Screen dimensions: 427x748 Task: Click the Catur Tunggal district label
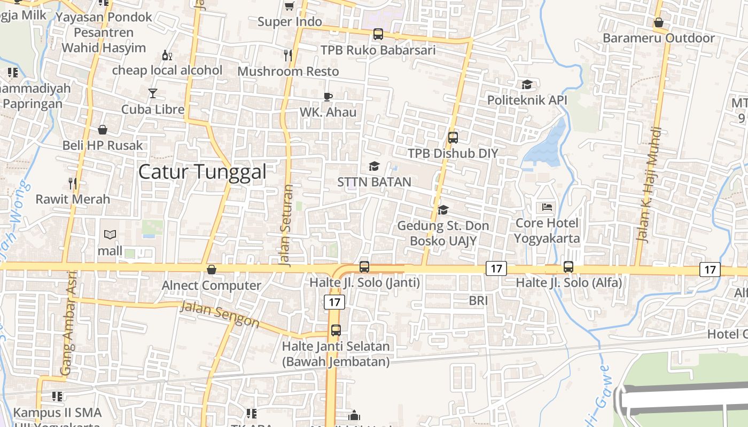point(202,172)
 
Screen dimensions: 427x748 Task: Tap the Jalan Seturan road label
point(287,225)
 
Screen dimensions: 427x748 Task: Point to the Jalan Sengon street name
point(220,314)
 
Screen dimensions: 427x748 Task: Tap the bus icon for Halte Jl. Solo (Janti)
point(364,267)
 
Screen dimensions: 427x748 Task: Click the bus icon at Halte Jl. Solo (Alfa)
point(568,267)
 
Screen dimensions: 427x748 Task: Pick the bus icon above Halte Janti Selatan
point(336,330)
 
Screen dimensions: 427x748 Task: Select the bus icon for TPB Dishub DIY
point(453,138)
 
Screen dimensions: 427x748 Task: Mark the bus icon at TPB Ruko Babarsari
point(378,34)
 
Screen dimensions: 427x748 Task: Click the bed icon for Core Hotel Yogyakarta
point(547,207)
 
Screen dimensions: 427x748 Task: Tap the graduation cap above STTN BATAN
point(374,167)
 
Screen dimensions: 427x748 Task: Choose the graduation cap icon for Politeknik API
point(527,84)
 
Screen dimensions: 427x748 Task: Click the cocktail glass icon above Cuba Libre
point(153,93)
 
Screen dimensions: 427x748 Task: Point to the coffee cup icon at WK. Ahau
point(328,97)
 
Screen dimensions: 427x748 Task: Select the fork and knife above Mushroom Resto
point(289,55)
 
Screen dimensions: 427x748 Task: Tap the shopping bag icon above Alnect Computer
point(212,270)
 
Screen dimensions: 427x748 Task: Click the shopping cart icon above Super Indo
point(290,6)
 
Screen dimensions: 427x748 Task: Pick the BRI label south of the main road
point(478,301)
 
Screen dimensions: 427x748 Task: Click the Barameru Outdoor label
point(658,38)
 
